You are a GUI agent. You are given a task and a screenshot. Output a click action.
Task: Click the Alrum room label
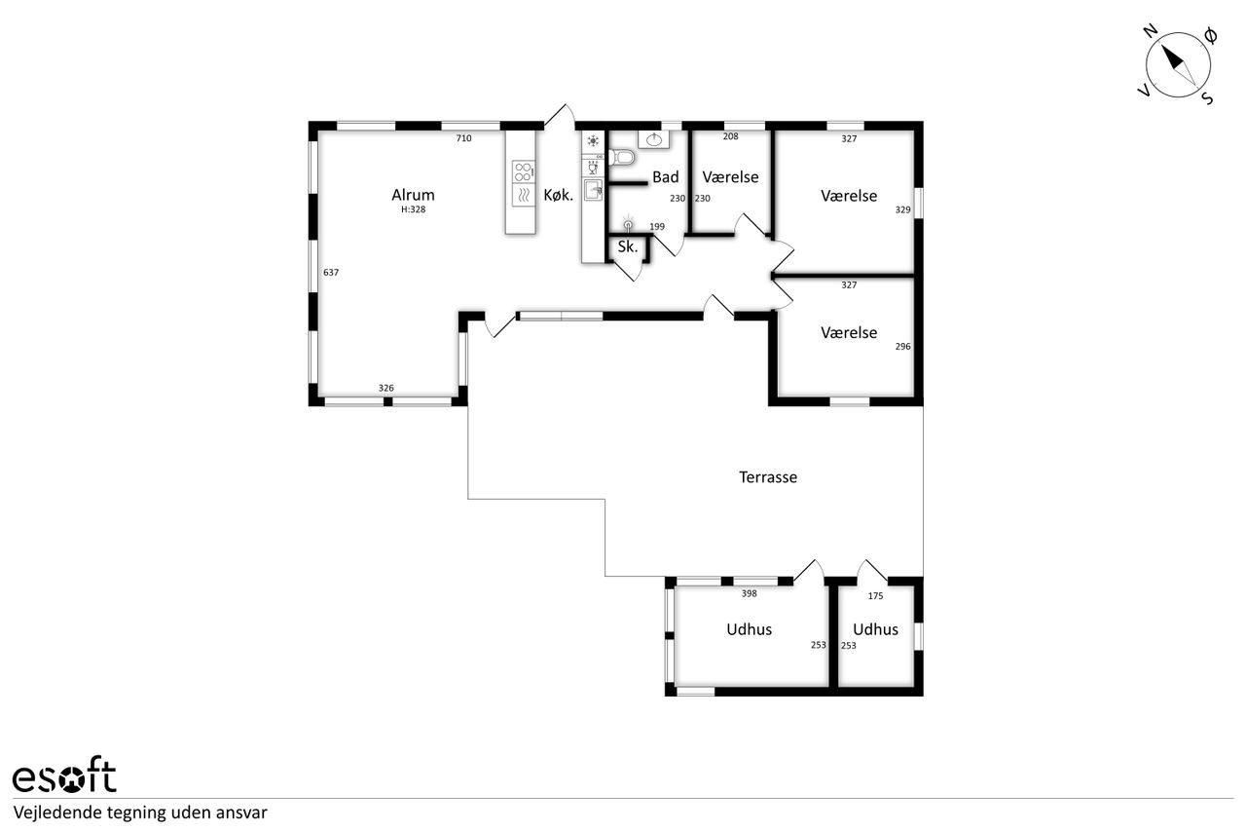point(413,195)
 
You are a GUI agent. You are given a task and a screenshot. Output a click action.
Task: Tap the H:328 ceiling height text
point(414,209)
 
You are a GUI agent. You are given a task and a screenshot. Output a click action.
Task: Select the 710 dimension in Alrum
point(464,138)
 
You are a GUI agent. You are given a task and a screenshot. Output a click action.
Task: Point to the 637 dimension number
point(331,272)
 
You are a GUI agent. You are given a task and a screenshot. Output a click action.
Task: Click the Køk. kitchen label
point(558,196)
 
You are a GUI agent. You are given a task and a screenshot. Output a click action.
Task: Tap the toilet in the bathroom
point(622,158)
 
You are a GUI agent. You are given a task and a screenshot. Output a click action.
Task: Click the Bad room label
point(666,177)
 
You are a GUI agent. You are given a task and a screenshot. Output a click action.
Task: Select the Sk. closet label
point(628,246)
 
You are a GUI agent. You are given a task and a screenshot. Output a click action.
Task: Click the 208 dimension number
point(730,136)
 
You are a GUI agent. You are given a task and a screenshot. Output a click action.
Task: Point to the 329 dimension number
point(902,209)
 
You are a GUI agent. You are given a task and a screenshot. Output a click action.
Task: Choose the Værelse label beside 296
point(849,333)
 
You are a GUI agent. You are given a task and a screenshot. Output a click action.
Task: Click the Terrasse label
point(768,477)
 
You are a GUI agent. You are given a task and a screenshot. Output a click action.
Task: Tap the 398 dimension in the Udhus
point(750,593)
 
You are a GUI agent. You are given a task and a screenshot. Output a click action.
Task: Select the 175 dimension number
point(875,596)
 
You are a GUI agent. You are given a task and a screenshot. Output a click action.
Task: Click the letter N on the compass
point(1151,31)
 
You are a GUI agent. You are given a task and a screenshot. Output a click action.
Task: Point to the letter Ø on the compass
point(1210,36)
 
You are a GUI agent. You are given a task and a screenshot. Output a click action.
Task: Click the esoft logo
point(64,774)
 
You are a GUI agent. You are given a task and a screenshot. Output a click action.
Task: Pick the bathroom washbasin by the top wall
point(653,139)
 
